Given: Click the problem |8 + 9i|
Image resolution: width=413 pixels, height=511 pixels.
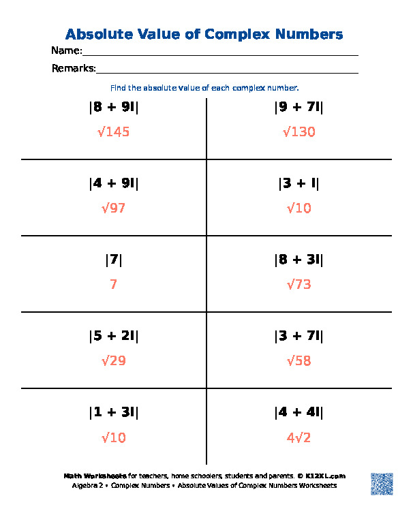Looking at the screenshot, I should coord(113,107).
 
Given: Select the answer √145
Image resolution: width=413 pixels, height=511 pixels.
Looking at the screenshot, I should coord(113,131).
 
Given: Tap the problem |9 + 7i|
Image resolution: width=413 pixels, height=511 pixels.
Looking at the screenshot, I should coord(299,107).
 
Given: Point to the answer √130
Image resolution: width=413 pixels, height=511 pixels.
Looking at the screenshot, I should coord(299,131).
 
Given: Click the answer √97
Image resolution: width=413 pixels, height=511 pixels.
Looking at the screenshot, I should coord(113,208).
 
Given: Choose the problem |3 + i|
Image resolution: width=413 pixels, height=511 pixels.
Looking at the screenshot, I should coord(299,183).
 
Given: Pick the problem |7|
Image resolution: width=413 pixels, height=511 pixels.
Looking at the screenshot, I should coord(113,260).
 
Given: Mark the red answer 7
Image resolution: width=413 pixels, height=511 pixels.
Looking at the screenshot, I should coord(113,284).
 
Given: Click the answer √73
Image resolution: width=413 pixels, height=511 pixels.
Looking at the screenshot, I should coord(299,284).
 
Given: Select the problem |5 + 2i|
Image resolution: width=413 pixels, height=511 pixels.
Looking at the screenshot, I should coord(113,336).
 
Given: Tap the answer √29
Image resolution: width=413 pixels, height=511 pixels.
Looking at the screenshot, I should coord(113,360).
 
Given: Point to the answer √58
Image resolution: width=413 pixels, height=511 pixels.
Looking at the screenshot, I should coord(299,360).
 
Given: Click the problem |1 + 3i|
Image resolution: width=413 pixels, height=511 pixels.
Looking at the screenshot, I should coord(113,412).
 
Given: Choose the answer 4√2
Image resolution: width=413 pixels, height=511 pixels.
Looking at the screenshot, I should coord(299,437).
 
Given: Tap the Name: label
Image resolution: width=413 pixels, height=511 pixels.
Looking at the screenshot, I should coord(67,51).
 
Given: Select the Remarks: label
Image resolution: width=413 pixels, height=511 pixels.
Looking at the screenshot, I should coord(74,68).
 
